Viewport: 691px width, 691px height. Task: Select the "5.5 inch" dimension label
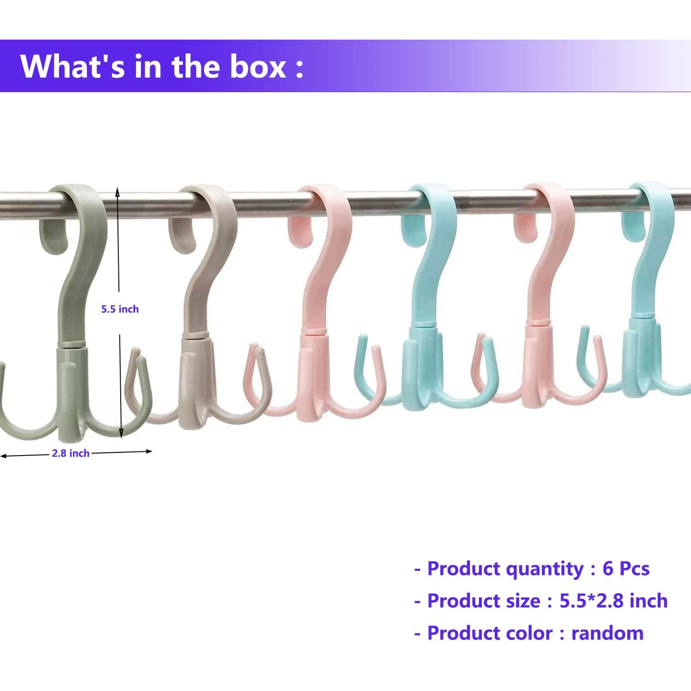(120, 309)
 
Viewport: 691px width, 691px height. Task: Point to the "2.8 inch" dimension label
(70, 453)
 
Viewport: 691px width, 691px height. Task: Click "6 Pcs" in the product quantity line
(626, 568)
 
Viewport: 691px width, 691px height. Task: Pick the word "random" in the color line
(607, 633)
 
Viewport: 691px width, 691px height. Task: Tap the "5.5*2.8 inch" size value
(613, 601)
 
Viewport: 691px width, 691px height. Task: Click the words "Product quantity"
(505, 568)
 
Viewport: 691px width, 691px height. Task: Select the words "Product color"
(490, 633)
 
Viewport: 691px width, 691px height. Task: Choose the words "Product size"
(483, 601)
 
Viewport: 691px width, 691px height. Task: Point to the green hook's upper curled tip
(54, 235)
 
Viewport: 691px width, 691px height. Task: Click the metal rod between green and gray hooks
(143, 203)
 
